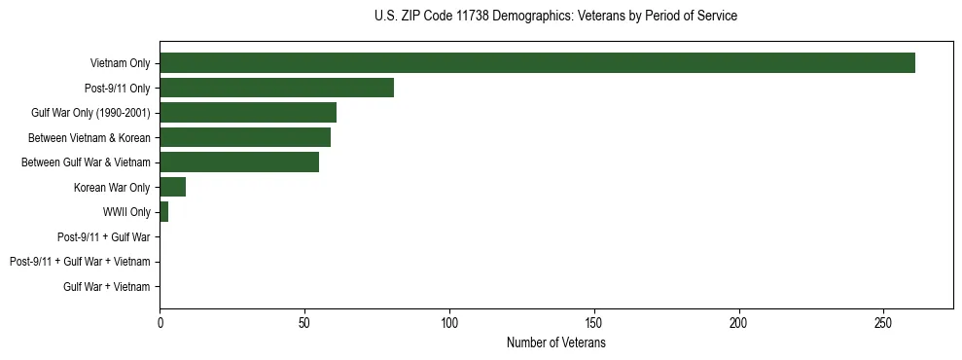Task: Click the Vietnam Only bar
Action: click(x=537, y=63)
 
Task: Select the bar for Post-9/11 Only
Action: click(x=276, y=88)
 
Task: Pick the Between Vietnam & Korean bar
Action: click(x=245, y=137)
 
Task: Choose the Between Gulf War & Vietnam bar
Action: click(x=239, y=162)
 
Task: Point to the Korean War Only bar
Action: click(x=172, y=187)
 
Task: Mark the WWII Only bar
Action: click(x=163, y=212)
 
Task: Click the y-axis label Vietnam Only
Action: click(x=120, y=63)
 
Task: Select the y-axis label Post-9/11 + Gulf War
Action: click(x=104, y=236)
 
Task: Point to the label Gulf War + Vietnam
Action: click(x=107, y=286)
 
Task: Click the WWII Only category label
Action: click(x=126, y=212)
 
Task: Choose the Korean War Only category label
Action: click(x=112, y=187)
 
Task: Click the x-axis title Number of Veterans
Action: click(x=555, y=342)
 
